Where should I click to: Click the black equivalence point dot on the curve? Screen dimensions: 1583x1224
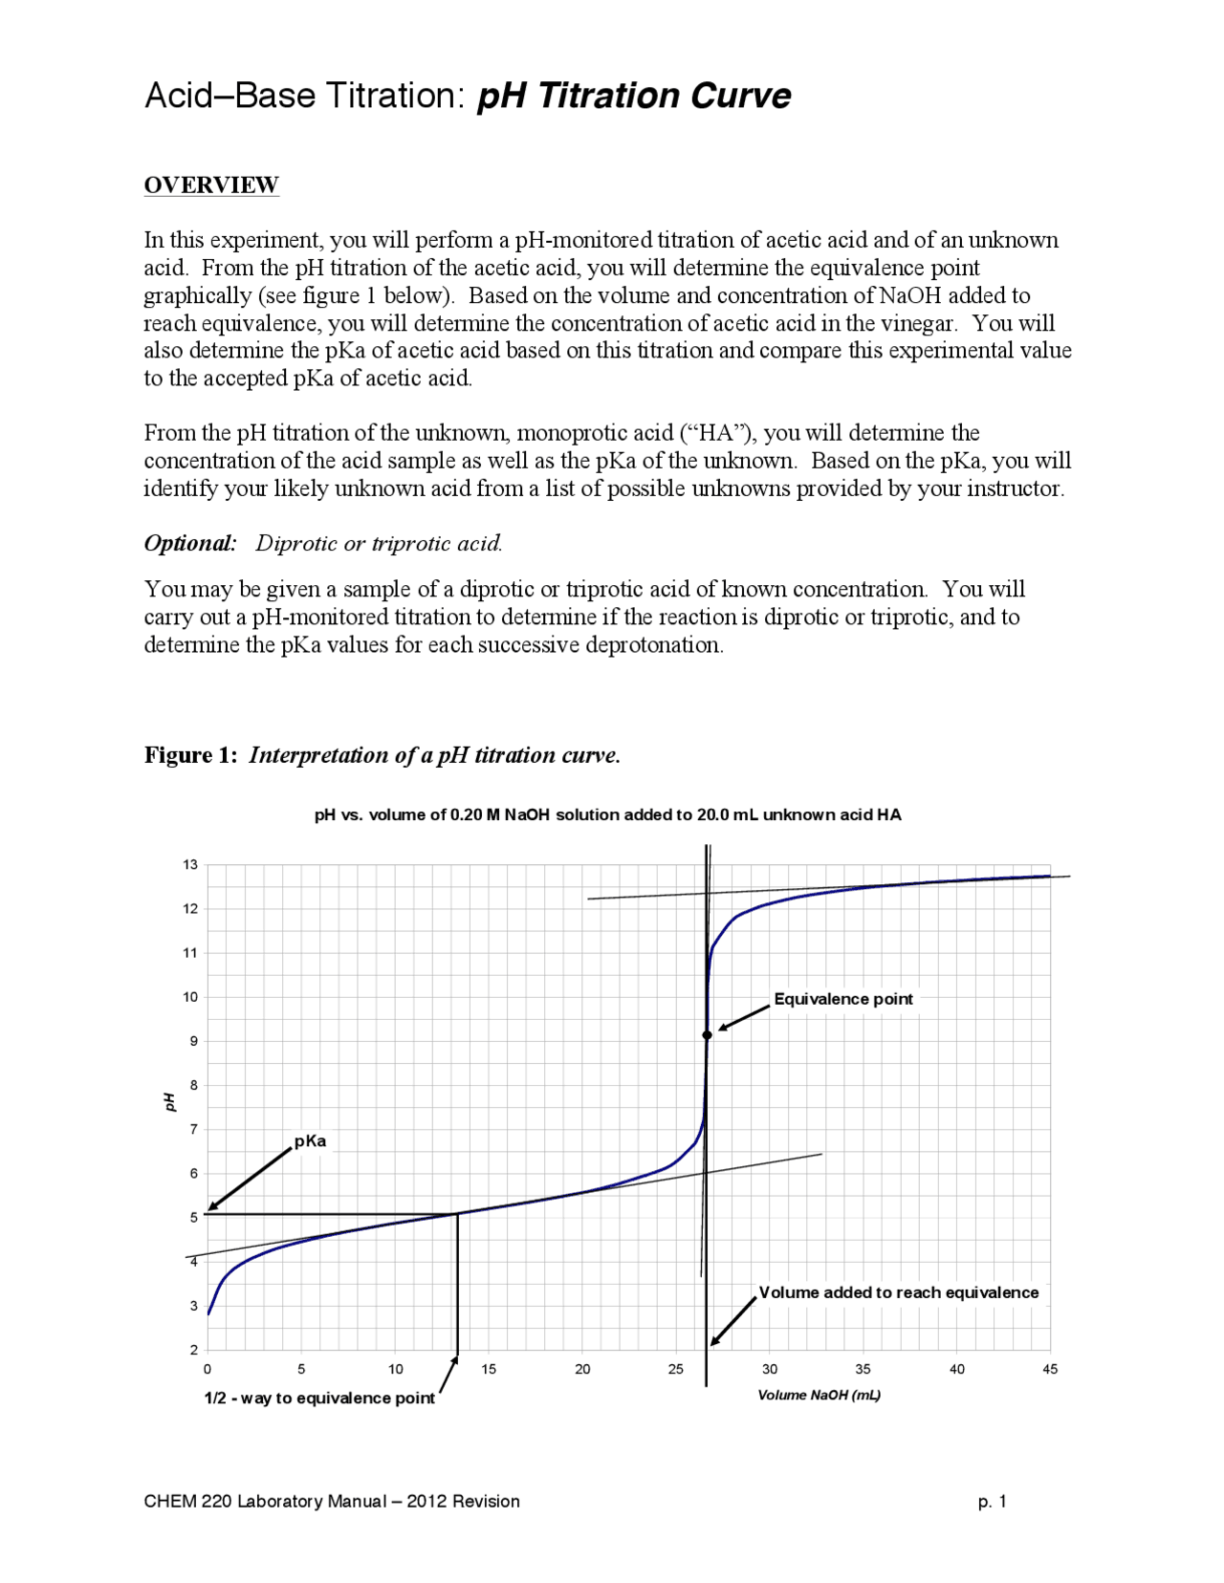click(707, 1035)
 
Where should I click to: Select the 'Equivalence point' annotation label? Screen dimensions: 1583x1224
click(842, 999)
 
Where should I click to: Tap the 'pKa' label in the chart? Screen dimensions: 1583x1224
click(310, 1141)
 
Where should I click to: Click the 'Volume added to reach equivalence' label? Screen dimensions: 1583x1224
click(898, 1292)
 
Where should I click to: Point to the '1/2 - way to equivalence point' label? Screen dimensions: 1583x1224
click(319, 1399)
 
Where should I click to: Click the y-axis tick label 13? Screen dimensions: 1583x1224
click(190, 865)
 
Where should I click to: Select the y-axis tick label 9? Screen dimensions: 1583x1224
click(193, 1041)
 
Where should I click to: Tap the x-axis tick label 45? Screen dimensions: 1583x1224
click(1050, 1370)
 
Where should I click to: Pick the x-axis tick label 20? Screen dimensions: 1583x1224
click(582, 1370)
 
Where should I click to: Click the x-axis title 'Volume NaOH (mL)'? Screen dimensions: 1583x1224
click(819, 1396)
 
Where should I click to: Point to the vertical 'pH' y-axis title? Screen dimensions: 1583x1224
click(170, 1101)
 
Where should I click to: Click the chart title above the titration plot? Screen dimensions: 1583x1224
click(607, 815)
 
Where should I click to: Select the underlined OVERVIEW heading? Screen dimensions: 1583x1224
click(211, 184)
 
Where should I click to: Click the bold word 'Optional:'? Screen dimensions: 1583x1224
click(190, 543)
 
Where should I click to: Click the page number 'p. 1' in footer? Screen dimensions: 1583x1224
click(992, 1502)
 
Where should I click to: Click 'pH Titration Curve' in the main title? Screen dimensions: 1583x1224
click(633, 97)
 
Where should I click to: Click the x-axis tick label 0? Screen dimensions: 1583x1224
click(208, 1370)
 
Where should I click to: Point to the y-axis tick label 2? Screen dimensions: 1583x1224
click(193, 1350)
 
